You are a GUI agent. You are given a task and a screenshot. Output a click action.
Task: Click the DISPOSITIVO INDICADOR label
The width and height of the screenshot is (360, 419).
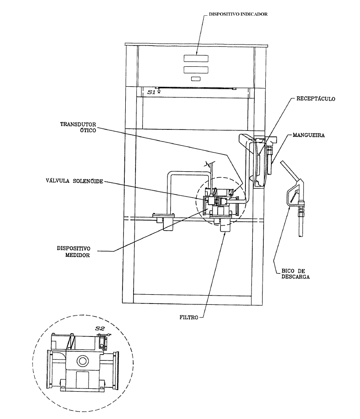238,14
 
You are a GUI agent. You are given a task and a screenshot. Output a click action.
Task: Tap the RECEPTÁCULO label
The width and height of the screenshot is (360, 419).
315,99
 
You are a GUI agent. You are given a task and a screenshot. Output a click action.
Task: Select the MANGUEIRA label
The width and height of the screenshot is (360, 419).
309,135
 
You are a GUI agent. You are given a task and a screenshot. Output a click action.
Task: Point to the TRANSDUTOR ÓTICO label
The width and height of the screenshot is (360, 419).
78,127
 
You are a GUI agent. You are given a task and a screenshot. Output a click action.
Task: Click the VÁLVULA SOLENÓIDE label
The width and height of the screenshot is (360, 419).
74,181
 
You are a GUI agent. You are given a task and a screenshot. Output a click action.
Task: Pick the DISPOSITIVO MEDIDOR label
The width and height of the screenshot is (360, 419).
73,251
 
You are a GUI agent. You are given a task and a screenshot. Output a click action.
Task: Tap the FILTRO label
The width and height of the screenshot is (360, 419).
189,317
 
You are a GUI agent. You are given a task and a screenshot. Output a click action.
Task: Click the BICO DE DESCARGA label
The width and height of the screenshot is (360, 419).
296,274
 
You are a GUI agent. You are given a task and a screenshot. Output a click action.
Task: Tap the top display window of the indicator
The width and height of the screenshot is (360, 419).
196,58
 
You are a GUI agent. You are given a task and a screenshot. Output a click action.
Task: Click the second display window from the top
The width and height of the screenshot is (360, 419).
196,70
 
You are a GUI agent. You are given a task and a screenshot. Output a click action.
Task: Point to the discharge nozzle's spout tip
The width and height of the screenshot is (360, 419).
301,235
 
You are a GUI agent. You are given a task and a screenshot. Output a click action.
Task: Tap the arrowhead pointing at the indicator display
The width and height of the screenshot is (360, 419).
197,53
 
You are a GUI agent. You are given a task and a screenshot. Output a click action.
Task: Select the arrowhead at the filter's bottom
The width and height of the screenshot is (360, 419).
225,234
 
